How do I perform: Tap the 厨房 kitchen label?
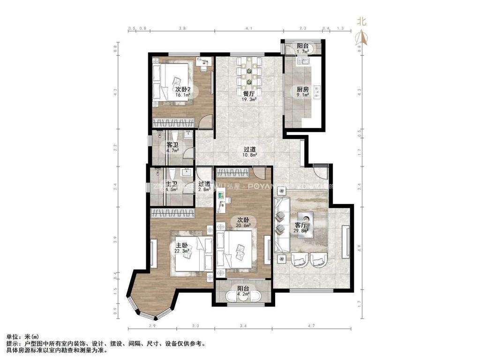pyautogui.click(x=302, y=89)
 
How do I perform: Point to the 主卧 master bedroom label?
pyautogui.click(x=182, y=245)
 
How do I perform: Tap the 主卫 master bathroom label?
pyautogui.click(x=172, y=184)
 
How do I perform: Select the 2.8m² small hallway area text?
pyautogui.click(x=204, y=190)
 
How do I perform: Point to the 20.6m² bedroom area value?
pyautogui.click(x=243, y=225)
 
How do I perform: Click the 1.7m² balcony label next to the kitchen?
pyautogui.click(x=303, y=51)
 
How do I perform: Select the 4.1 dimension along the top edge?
pyautogui.click(x=249, y=29)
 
